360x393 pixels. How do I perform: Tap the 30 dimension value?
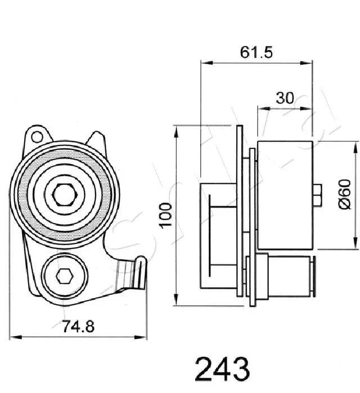(285, 97)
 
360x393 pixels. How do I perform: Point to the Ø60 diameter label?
(344, 195)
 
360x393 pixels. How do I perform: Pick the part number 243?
(221, 370)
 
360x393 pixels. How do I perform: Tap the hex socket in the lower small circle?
(64, 275)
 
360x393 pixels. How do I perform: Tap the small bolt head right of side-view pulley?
(317, 195)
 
